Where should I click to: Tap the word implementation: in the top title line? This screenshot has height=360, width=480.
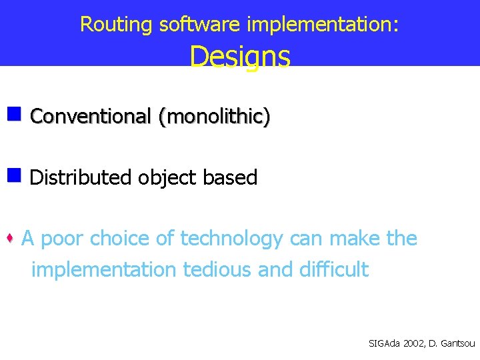323,25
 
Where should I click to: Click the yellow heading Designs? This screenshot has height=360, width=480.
240,57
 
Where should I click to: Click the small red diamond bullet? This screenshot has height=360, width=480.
11,239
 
